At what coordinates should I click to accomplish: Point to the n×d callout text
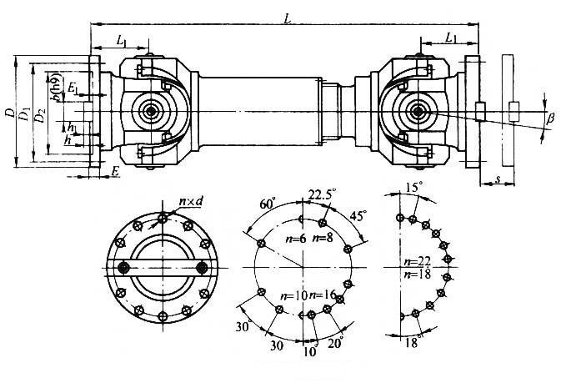pos(193,201)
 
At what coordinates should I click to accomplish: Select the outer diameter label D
pos(9,109)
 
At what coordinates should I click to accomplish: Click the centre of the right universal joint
pos(416,110)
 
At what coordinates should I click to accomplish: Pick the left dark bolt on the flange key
pos(124,267)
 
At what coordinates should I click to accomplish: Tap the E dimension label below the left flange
pos(114,171)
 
